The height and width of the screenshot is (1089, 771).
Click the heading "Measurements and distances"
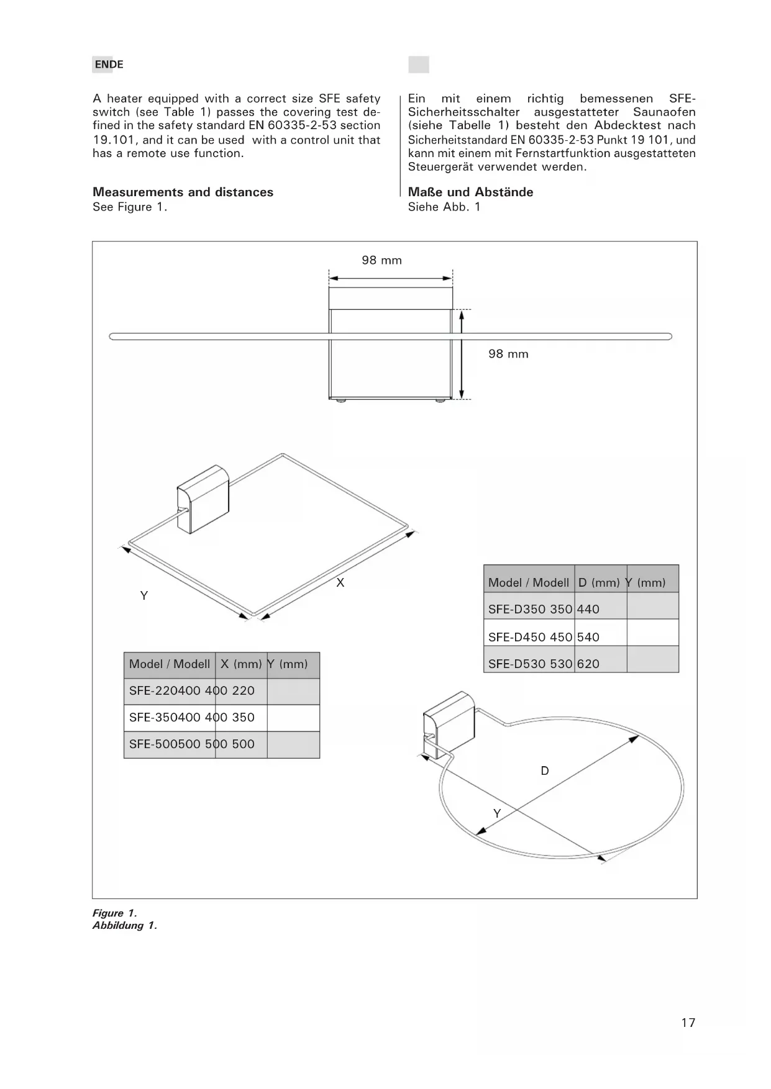[x=183, y=192]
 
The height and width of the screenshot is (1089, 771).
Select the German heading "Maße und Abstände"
[x=470, y=192]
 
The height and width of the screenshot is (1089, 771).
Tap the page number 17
[x=688, y=1023]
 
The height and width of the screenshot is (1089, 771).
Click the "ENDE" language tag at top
[x=109, y=65]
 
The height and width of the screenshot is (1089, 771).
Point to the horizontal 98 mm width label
[x=381, y=260]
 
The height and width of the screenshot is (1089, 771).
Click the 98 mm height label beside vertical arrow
[x=508, y=354]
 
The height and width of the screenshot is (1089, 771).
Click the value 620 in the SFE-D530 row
[x=588, y=664]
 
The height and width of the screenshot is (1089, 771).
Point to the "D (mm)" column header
[x=599, y=582]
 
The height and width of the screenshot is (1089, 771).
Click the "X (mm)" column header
[x=241, y=664]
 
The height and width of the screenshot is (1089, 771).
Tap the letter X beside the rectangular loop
[x=340, y=582]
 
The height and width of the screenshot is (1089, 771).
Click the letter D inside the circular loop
[x=545, y=770]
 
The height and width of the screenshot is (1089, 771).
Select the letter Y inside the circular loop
[x=497, y=813]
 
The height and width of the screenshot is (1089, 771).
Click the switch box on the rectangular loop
[x=203, y=500]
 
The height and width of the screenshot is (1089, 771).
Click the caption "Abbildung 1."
[x=125, y=925]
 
